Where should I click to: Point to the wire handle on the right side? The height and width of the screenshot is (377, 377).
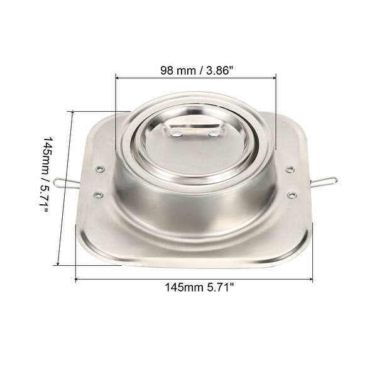(324, 181)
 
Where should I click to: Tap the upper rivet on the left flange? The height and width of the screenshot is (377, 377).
(99, 168)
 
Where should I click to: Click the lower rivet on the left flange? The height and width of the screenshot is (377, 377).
(97, 195)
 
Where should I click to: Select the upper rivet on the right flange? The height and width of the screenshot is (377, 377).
(290, 169)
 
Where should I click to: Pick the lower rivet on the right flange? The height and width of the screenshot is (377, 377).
(292, 195)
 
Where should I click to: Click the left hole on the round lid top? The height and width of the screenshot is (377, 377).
(175, 133)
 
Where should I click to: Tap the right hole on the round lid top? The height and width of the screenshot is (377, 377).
(214, 133)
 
